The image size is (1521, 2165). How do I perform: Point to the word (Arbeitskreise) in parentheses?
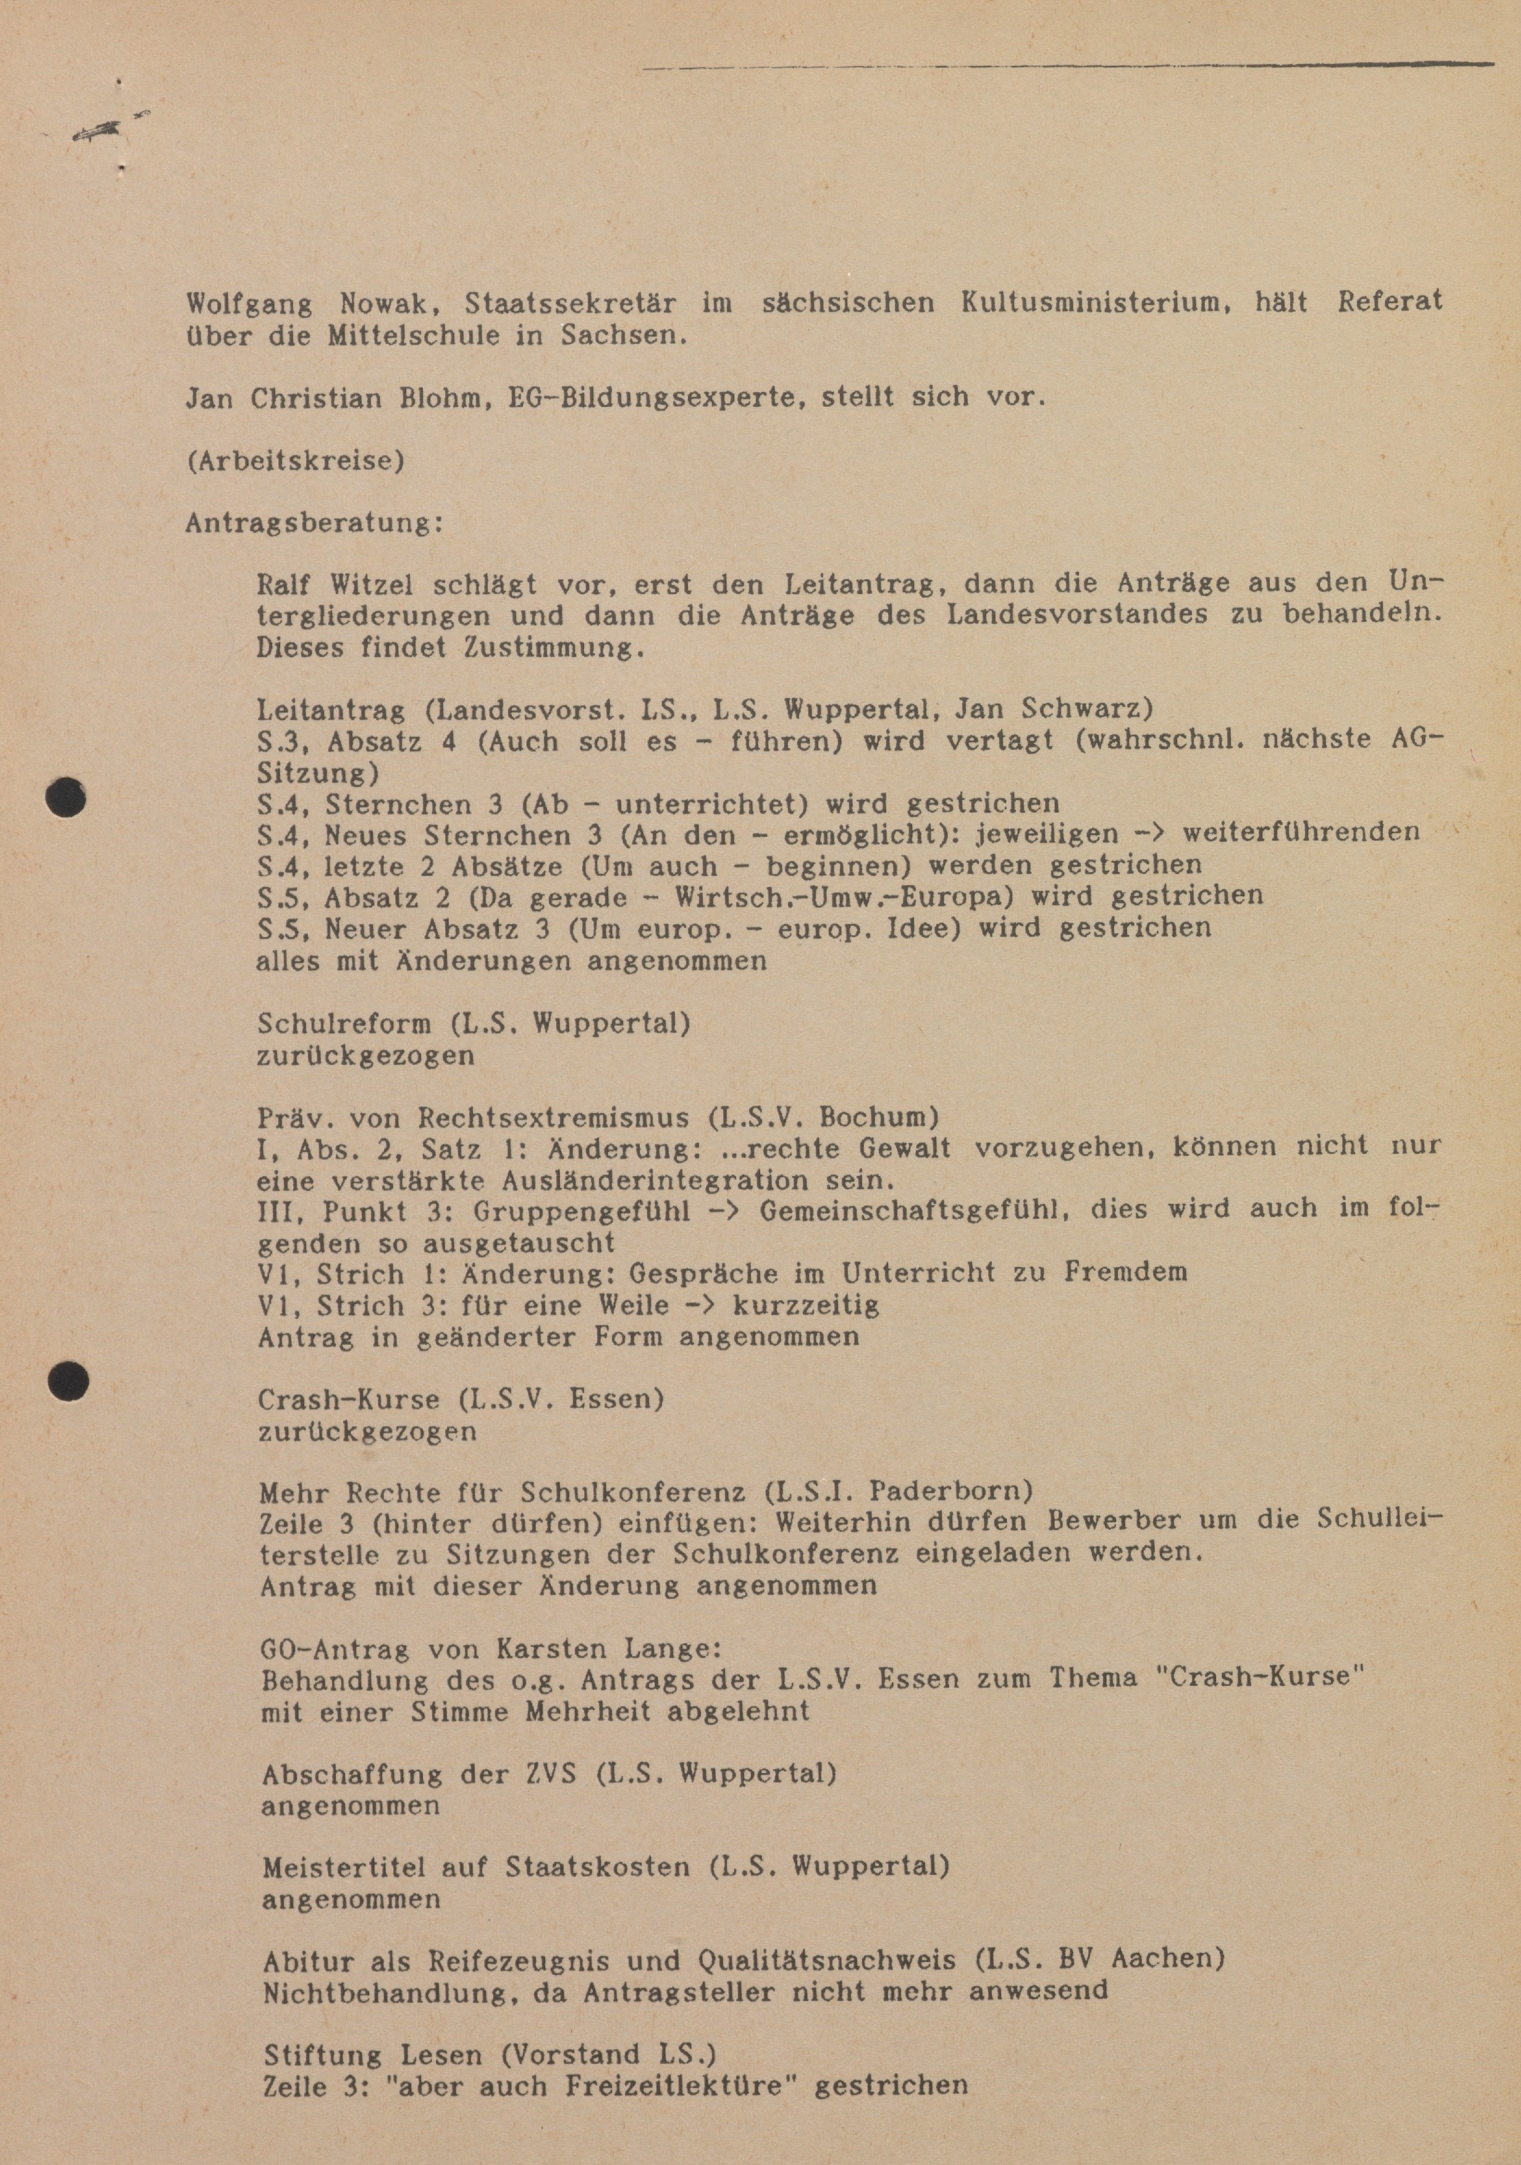pos(295,461)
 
